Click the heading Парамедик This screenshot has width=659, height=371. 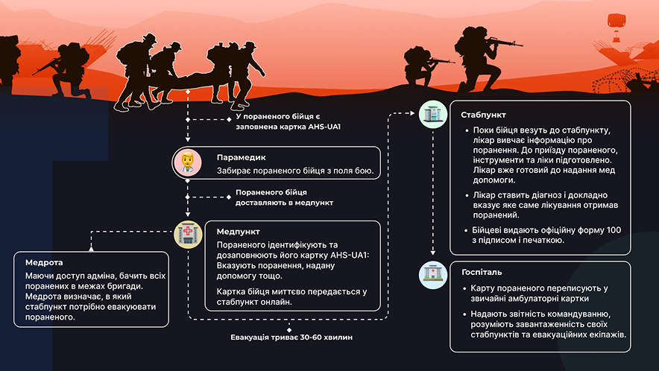tap(242, 157)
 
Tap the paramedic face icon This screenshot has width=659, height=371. tap(187, 162)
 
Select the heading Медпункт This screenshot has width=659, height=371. tap(239, 232)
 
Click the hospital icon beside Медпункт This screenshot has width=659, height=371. tap(188, 235)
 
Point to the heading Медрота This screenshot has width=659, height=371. tap(44, 262)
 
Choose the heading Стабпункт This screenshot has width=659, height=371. tap(483, 115)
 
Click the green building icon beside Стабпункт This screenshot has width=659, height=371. tap(433, 114)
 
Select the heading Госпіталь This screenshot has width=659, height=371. tap(482, 272)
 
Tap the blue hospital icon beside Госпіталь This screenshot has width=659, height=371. tap(433, 275)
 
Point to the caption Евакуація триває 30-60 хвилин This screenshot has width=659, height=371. tap(291, 337)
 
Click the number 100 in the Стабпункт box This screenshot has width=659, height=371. tap(614, 230)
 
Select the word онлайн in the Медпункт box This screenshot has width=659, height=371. tap(277, 302)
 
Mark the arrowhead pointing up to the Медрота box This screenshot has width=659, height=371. tap(91, 249)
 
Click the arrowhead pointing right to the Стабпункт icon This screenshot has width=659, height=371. tap(412, 113)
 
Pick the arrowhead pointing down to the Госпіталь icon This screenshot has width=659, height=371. tap(433, 253)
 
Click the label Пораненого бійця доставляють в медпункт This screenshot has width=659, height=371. tap(284, 197)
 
